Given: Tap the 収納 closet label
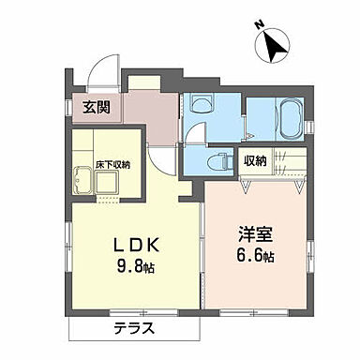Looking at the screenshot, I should (x=256, y=160).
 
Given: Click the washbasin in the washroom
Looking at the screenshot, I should (x=200, y=105).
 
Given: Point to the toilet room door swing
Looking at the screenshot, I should (x=194, y=132).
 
